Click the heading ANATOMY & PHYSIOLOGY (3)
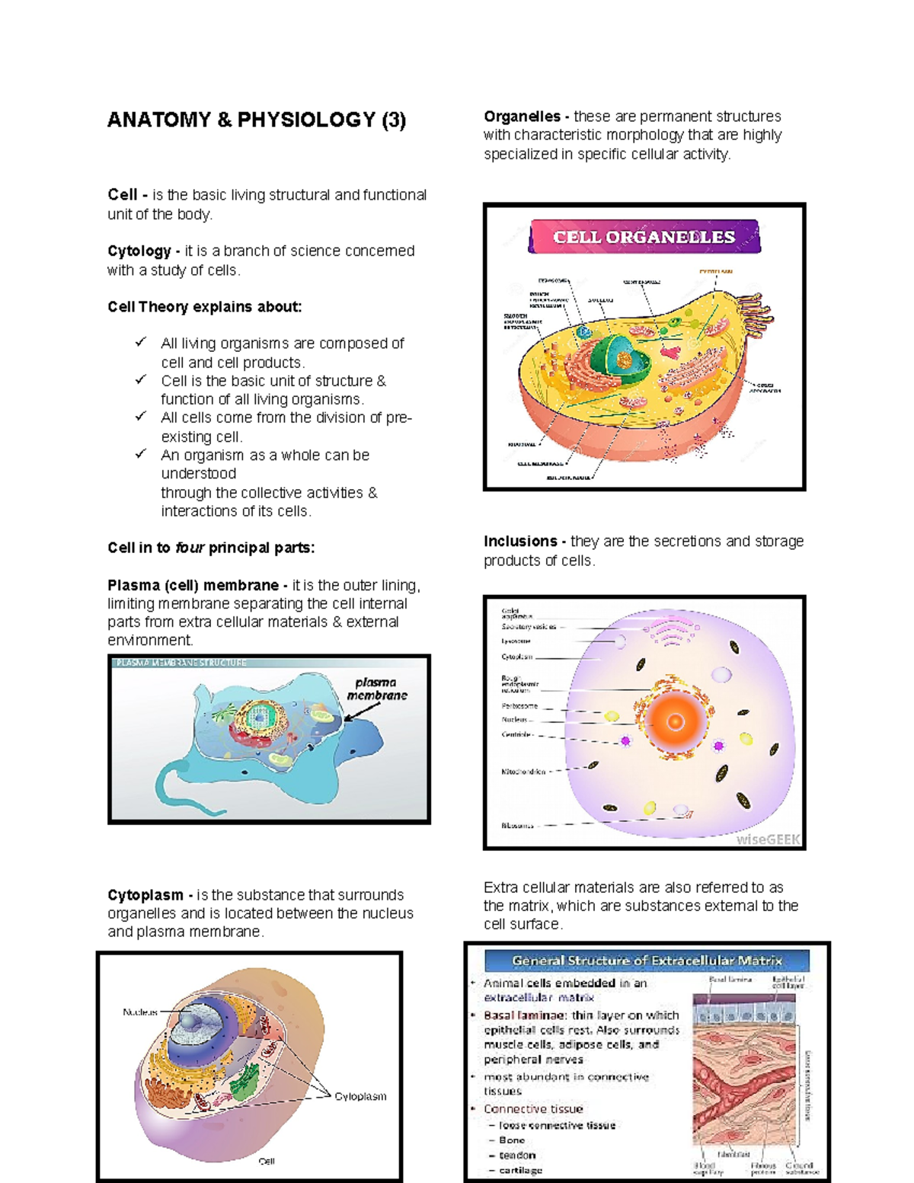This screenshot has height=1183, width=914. [257, 120]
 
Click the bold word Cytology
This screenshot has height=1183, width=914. [139, 251]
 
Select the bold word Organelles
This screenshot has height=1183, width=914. [522, 117]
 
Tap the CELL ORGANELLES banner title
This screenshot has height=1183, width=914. [644, 237]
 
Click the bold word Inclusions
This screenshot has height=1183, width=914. [520, 542]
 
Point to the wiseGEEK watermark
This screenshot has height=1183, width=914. [768, 839]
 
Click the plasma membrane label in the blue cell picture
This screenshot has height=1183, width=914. [377, 689]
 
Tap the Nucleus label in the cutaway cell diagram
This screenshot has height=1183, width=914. [140, 1012]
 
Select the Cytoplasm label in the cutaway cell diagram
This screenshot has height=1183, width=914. [360, 1096]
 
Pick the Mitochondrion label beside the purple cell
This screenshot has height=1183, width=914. [523, 772]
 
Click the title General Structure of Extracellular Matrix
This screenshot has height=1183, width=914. [647, 961]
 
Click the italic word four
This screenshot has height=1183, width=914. [190, 548]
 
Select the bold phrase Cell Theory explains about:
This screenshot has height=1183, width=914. [204, 307]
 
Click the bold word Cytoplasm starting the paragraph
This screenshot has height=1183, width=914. [145, 895]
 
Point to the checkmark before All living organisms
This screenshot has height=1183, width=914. [141, 343]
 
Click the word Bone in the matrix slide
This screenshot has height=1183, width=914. [512, 1140]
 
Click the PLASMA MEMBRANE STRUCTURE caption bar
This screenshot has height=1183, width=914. [181, 663]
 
